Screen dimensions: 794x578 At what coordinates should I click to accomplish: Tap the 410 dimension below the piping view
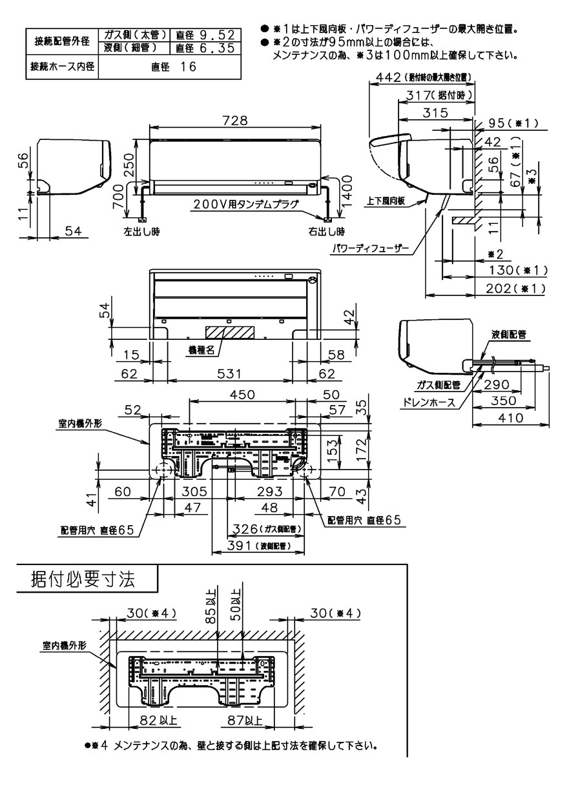point(510,419)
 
